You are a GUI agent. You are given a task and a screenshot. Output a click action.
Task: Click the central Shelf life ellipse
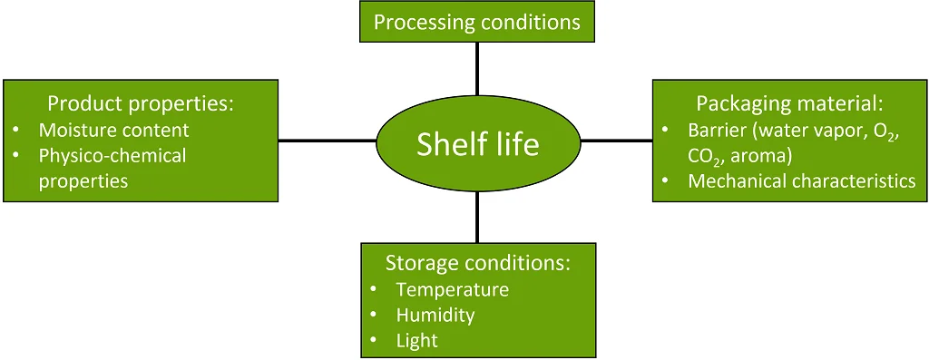[x=477, y=142]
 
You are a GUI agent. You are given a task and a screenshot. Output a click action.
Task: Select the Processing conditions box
[x=477, y=21]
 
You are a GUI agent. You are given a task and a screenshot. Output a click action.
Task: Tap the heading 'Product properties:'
[x=141, y=102]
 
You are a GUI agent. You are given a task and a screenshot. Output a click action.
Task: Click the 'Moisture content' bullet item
[x=113, y=130]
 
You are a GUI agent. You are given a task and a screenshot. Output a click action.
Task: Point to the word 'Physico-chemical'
[x=112, y=155]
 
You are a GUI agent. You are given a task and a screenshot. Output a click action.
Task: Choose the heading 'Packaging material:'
[x=788, y=102]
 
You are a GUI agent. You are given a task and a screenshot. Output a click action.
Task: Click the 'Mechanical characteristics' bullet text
[x=801, y=180]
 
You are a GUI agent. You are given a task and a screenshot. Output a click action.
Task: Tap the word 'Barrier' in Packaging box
[x=717, y=130]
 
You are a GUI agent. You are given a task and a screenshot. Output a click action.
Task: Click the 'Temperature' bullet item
[x=452, y=289]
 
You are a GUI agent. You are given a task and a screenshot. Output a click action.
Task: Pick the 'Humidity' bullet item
[x=435, y=315]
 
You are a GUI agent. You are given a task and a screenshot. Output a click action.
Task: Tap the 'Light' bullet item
[x=416, y=340]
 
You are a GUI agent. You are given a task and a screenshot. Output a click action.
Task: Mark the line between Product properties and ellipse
[x=327, y=141]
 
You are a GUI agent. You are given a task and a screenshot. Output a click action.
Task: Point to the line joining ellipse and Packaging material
[x=616, y=141]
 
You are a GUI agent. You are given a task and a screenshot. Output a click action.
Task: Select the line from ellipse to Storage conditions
[x=477, y=217]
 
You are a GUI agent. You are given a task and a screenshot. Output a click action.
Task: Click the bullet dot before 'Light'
[x=376, y=341]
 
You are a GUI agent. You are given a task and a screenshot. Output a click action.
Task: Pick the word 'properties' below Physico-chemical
[x=83, y=180]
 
